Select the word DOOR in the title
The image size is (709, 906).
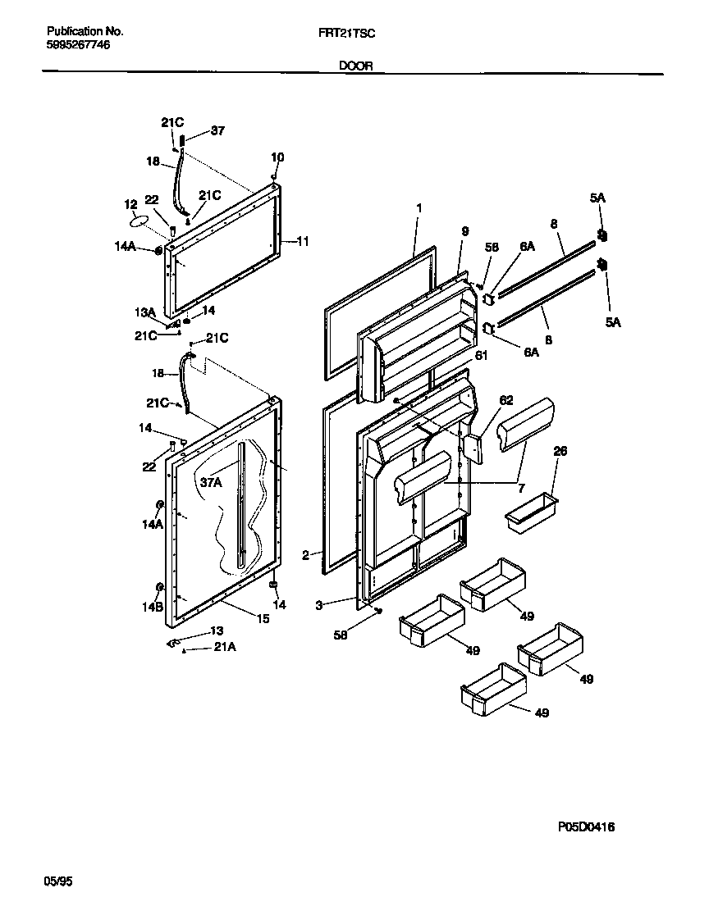point(355,66)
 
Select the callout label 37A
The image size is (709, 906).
point(211,483)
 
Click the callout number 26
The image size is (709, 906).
point(560,451)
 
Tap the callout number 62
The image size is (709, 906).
point(506,401)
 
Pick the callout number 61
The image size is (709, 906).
point(480,355)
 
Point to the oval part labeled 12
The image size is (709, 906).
point(140,221)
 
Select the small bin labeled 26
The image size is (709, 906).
point(530,513)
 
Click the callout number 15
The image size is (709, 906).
point(263,619)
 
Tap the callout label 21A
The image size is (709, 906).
point(225,647)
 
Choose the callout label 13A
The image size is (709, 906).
point(145,312)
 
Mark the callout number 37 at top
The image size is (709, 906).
point(217,130)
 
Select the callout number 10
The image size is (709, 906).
point(277,157)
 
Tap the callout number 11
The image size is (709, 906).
point(303,241)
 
